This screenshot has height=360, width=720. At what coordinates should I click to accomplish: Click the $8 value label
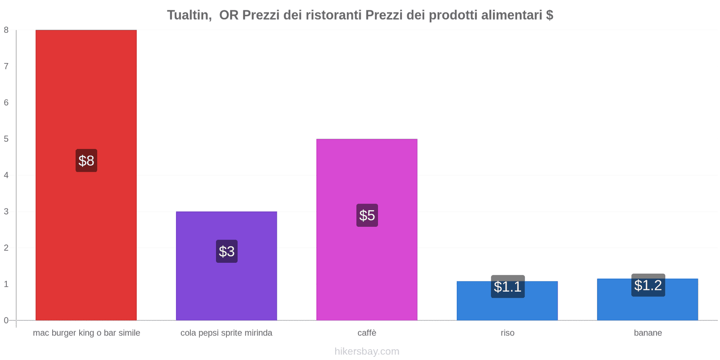click(x=86, y=161)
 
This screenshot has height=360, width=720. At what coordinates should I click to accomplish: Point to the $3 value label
click(x=227, y=251)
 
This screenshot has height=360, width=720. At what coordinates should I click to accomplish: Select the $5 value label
click(x=367, y=215)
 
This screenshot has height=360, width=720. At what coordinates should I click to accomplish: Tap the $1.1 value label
click(x=508, y=287)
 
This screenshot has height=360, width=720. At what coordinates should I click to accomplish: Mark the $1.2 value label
click(x=648, y=285)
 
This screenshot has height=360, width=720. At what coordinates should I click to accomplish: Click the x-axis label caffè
click(x=367, y=333)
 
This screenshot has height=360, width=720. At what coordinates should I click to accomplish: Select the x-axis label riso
click(x=507, y=333)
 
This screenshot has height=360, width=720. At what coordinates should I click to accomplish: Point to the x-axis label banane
click(x=648, y=333)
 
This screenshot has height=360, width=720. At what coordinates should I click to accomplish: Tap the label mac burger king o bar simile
click(x=86, y=333)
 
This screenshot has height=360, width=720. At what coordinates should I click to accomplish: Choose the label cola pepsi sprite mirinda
click(x=226, y=333)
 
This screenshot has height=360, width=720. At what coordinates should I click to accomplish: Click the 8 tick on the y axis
click(x=6, y=30)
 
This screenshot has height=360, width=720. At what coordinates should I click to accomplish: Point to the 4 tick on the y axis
click(x=6, y=175)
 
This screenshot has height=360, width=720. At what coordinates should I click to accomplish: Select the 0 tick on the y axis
click(x=6, y=320)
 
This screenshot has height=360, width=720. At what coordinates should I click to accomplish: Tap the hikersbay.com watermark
click(x=367, y=351)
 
